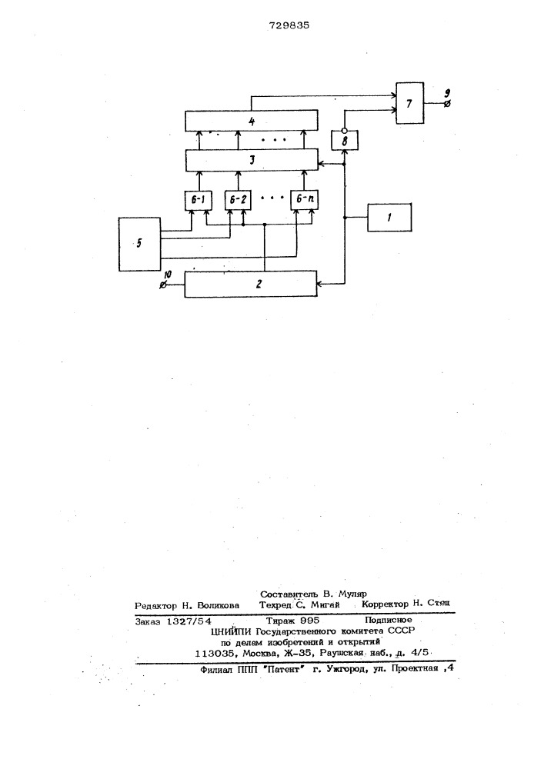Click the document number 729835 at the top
pos(289,25)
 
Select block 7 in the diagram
pos(410,103)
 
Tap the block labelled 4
pos(251,122)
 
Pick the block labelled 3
pos(251,161)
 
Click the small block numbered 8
pos(345,141)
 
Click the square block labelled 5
pos(140,245)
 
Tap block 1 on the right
pos(389,218)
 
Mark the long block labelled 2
pos(251,284)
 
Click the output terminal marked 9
pos(447,104)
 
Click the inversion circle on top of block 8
pos(345,131)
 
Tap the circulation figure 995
pos(306,621)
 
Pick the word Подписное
pos(388,621)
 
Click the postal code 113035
pos(215,653)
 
